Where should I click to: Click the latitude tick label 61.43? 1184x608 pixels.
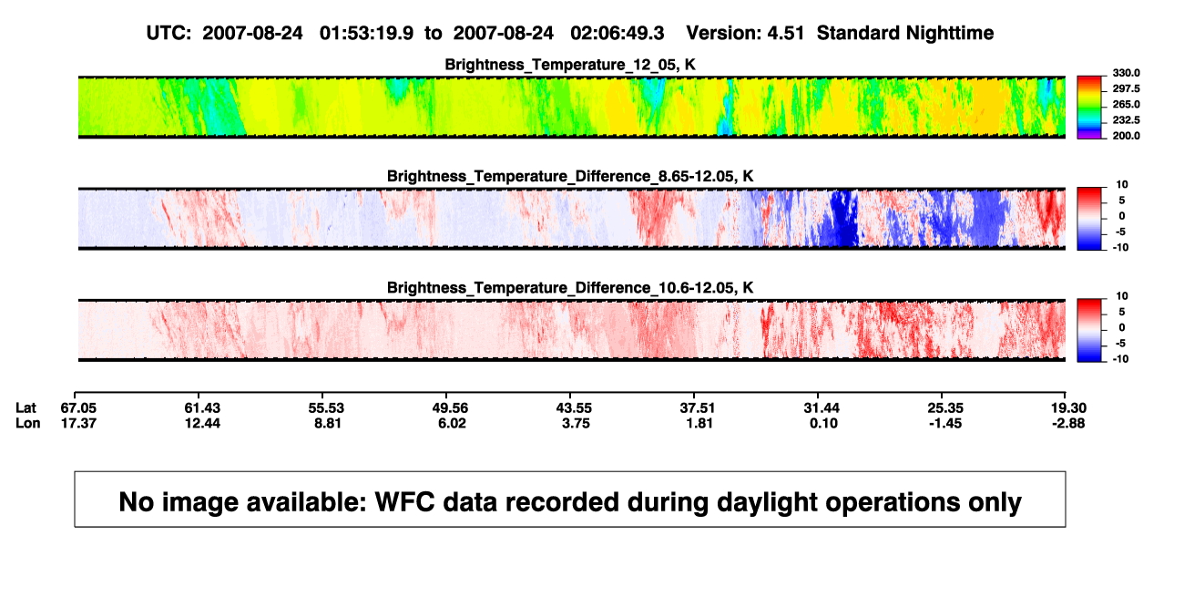click(202, 408)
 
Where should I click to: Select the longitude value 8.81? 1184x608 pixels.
click(328, 423)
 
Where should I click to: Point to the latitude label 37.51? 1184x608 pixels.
click(697, 408)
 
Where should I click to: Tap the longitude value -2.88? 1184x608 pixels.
click(1068, 423)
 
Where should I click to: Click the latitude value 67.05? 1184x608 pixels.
click(78, 408)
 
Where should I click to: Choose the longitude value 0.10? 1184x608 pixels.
click(823, 423)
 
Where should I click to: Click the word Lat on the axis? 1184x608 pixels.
click(26, 408)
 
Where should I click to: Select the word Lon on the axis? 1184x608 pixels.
click(28, 423)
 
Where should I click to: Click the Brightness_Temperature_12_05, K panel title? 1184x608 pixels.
click(570, 65)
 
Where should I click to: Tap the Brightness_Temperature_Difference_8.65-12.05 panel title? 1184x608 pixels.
click(570, 177)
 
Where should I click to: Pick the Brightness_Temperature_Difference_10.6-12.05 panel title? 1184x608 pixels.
click(570, 288)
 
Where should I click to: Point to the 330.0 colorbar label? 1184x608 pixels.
click(1126, 73)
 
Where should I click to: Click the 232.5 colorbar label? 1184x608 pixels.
click(1126, 120)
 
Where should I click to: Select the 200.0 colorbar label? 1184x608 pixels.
click(1126, 136)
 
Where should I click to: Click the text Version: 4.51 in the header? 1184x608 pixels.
click(745, 34)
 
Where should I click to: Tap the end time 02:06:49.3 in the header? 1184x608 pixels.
click(618, 34)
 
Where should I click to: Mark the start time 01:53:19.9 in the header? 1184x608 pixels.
click(366, 34)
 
